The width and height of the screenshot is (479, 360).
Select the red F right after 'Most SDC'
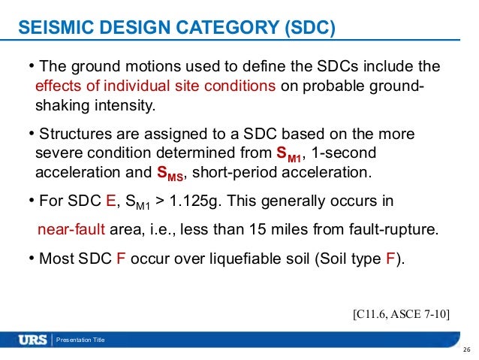(x=120, y=261)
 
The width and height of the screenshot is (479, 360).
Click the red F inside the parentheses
(x=389, y=261)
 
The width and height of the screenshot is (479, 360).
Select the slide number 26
(x=466, y=351)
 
